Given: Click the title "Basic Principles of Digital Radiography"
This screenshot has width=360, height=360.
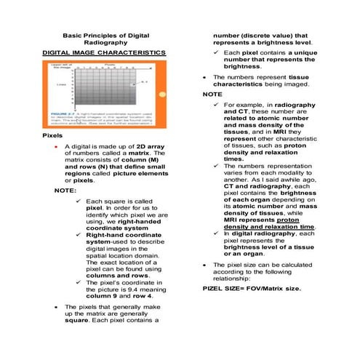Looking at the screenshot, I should tap(106, 40).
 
